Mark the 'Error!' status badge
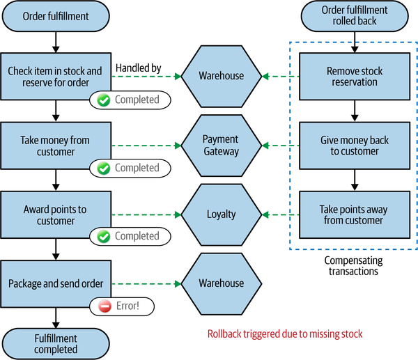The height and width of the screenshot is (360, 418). click(x=121, y=305)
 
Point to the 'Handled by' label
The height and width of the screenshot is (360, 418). click(x=138, y=68)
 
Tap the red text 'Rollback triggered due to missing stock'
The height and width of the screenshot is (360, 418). click(x=285, y=334)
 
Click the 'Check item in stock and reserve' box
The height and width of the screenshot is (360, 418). click(x=54, y=77)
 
